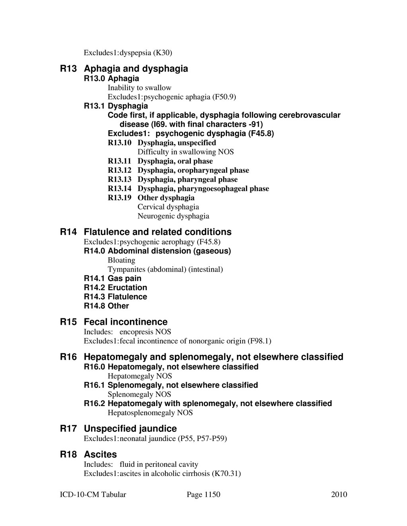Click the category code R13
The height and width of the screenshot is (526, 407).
coord(68,69)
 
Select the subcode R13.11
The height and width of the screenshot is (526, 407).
coord(119,161)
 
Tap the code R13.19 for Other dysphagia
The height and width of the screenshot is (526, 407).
coord(119,198)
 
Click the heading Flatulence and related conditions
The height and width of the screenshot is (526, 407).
coord(157,232)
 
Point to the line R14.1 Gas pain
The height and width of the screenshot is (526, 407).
coord(112,278)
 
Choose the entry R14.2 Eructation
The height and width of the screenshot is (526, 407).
coord(115,287)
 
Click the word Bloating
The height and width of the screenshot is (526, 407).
coord(121,260)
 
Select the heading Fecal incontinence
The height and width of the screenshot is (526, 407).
coord(126,322)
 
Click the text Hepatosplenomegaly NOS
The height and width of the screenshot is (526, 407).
coord(150,412)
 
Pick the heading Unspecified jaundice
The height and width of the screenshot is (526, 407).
coord(130,428)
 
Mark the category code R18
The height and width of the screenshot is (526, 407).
coord(68,454)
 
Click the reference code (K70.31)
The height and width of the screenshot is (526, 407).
coord(226,473)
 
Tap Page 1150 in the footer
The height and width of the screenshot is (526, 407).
coord(203,494)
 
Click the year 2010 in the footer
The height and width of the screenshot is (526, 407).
coord(339,494)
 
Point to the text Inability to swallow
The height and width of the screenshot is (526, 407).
coord(139,88)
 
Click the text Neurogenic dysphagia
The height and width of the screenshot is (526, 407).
coord(173,216)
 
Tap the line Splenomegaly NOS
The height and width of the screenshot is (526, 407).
coord(139,394)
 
